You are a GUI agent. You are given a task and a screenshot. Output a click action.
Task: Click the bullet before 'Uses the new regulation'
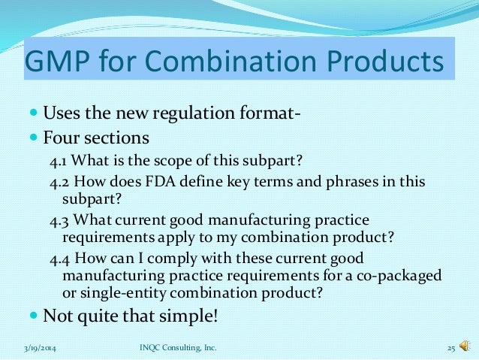pyautogui.click(x=35, y=116)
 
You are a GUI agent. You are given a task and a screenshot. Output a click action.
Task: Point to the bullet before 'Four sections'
pyautogui.click(x=35, y=139)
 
